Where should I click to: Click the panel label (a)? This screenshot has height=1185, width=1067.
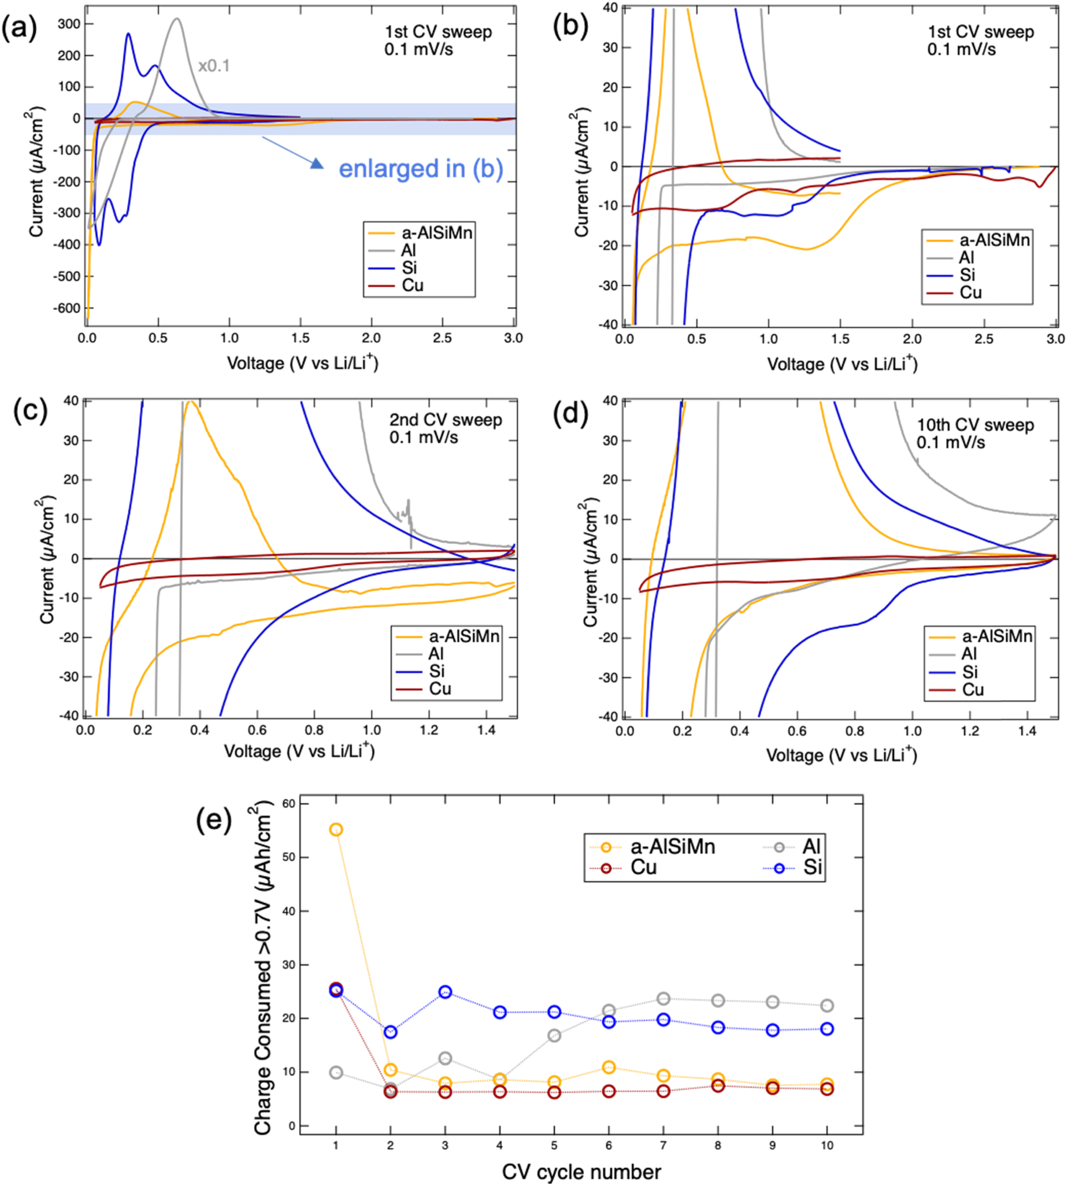[x=19, y=28]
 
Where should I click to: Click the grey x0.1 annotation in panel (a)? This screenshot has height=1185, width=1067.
[x=213, y=66]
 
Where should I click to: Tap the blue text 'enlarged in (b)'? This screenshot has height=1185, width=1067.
[x=420, y=169]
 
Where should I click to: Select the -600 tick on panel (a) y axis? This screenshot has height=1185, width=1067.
[x=66, y=308]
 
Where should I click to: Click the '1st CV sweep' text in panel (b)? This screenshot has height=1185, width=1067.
[x=981, y=32]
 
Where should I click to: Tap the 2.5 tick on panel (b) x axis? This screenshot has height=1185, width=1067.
[x=984, y=338]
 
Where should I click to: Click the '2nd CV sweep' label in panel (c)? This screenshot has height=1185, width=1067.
[x=446, y=419]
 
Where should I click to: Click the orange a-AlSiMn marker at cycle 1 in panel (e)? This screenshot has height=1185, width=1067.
[x=336, y=829]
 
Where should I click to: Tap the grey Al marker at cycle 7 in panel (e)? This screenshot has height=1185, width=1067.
[x=663, y=998]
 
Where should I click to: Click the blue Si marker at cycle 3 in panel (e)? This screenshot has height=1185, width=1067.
[x=445, y=992]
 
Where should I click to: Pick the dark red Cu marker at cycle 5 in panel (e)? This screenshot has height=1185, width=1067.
[x=554, y=1092]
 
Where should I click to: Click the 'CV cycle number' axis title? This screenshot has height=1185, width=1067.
[x=581, y=1172]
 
